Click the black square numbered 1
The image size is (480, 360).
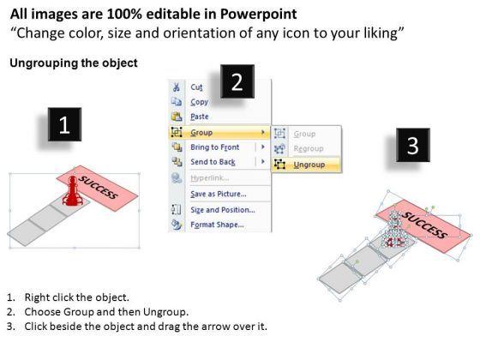coord(64,124)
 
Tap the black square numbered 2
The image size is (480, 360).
coord(237,81)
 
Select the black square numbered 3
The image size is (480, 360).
coord(413,145)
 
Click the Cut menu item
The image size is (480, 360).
coord(196,87)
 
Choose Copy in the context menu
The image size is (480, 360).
coord(199,102)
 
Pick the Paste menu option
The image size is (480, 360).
coord(200,117)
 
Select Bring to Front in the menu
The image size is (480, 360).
coord(215,147)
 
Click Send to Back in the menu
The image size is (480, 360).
coord(213,162)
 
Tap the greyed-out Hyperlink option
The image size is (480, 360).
coord(210,178)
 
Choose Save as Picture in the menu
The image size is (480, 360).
coord(219,194)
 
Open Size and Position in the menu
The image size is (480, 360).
coord(223,210)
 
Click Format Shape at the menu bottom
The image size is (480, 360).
coord(217,225)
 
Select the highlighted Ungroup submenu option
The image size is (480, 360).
coord(309,165)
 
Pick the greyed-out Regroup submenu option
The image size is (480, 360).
coord(309,149)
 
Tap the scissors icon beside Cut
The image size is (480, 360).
coord(177,87)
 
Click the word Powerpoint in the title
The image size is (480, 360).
coord(258,14)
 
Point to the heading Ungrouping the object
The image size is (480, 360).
coord(74,63)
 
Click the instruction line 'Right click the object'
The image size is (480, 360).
coord(77,297)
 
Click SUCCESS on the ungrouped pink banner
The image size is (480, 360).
coord(425,224)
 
